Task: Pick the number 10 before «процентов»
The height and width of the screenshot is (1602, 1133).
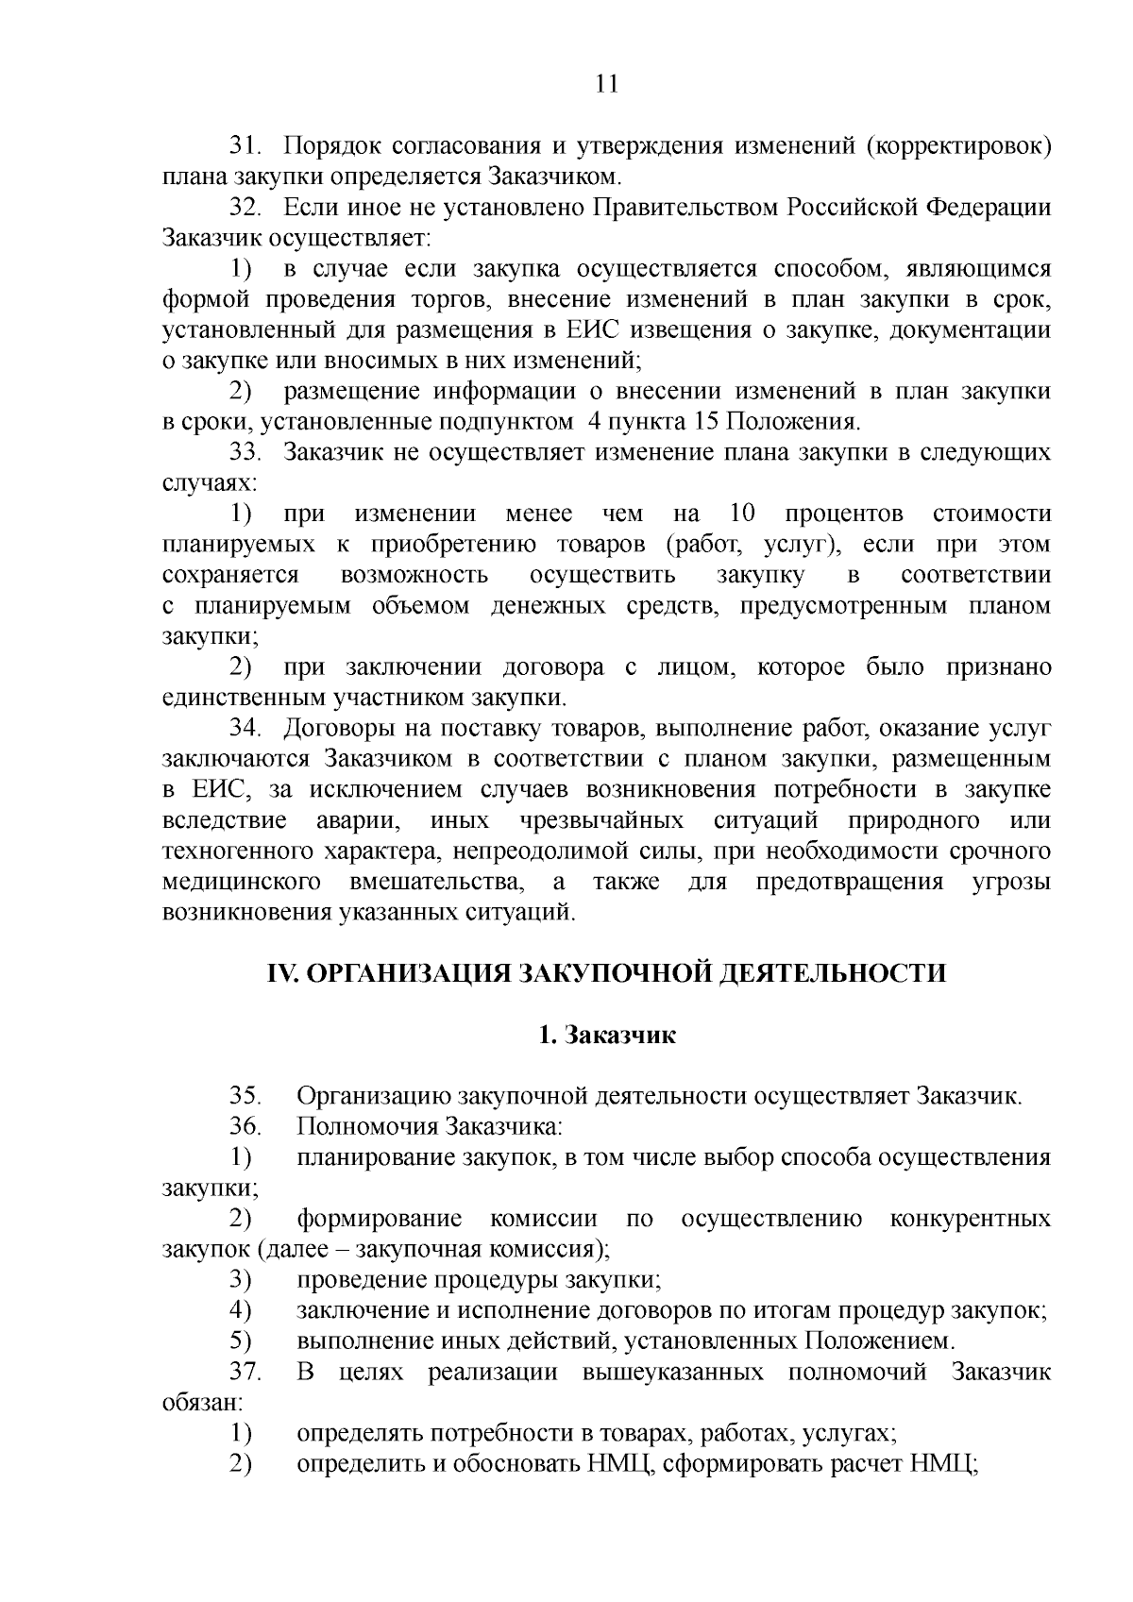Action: [743, 514]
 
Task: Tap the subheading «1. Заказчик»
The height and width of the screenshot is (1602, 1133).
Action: [606, 1035]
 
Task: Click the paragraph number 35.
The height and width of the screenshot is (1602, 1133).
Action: [245, 1097]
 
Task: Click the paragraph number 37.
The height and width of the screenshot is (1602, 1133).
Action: [245, 1372]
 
